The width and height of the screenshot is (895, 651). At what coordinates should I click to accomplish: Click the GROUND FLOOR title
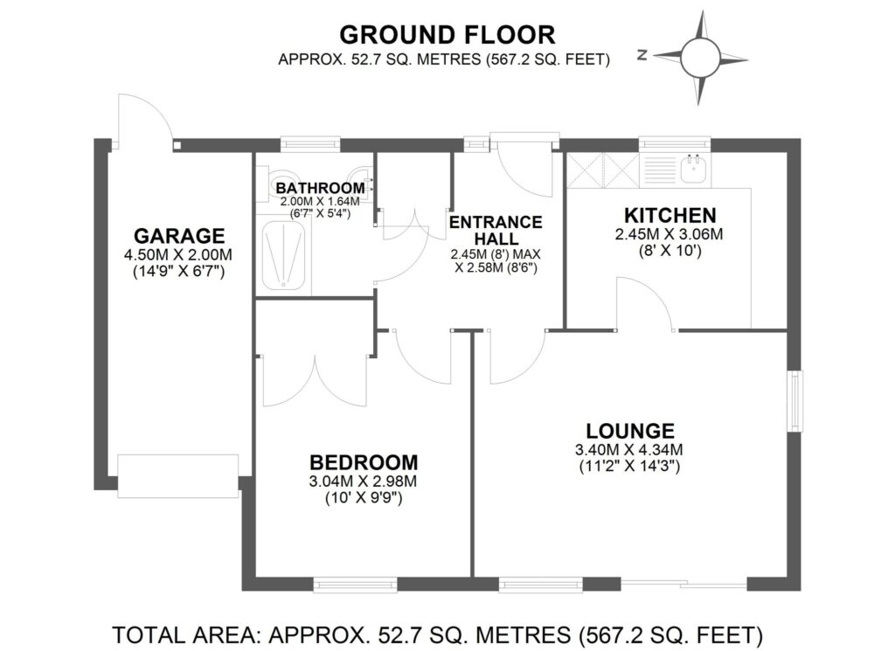[x=447, y=34]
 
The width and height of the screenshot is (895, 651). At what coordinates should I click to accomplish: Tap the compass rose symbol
[x=704, y=59]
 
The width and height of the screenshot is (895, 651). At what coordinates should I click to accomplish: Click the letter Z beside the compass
[x=642, y=55]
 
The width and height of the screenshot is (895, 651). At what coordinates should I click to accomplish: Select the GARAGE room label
[x=179, y=236]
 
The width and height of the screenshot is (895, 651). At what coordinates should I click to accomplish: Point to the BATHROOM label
[x=320, y=188]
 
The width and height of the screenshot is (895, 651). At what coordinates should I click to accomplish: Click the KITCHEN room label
[x=670, y=215]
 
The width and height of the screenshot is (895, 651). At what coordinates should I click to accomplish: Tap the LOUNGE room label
[x=630, y=431]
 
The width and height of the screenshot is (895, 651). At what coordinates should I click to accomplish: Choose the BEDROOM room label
[x=364, y=462]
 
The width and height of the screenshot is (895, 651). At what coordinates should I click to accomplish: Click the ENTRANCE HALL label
[x=495, y=230]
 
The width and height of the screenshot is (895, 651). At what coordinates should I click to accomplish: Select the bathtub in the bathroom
[x=284, y=256]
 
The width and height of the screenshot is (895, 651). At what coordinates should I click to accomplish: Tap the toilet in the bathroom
[x=281, y=174]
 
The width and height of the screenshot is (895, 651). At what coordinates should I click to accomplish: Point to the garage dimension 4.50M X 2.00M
[x=179, y=254]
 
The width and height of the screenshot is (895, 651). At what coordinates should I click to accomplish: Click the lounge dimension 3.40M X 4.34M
[x=630, y=450]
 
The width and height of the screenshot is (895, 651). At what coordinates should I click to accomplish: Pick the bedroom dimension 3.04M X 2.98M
[x=364, y=481]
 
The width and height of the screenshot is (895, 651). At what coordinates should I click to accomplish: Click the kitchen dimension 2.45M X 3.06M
[x=670, y=234]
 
